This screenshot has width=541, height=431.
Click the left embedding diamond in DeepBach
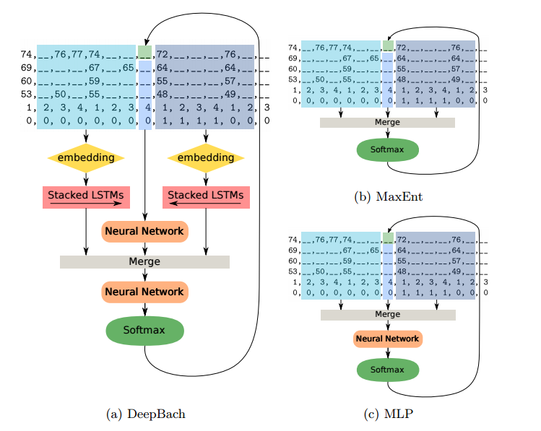point(86,158)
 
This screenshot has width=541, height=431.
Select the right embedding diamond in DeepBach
point(206,158)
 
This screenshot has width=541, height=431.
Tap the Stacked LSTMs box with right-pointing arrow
point(86,198)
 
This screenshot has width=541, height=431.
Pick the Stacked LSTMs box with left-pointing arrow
point(206,198)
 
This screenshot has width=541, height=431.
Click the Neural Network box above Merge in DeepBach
point(145,231)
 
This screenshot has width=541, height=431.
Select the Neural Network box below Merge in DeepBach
point(145,292)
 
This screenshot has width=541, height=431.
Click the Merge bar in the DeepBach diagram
point(144,261)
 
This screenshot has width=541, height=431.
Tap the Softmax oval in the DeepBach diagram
point(144,331)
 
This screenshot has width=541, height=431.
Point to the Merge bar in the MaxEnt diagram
point(387,123)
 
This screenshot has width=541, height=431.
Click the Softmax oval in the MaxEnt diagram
point(387,149)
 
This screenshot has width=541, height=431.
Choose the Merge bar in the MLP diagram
point(388,315)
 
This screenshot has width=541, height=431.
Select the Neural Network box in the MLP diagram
point(388,339)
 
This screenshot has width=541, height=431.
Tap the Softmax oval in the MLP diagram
point(388,370)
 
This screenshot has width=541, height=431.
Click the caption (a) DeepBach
point(146,414)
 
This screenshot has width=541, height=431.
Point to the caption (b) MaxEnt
point(388,196)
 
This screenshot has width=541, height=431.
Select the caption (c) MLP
point(388,414)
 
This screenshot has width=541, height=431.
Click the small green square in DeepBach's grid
point(145,52)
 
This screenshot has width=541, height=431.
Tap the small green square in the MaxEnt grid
point(388,45)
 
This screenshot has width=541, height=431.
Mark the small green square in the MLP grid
point(388,238)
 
